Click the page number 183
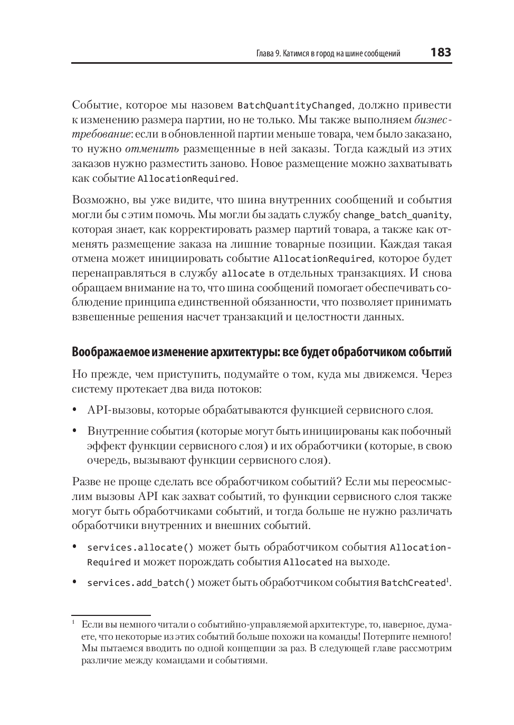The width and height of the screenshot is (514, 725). coord(441,52)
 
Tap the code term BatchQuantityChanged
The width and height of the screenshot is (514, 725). coord(294,105)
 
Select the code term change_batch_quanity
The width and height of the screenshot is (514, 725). coord(396,215)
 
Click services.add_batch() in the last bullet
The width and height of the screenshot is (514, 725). coord(141,583)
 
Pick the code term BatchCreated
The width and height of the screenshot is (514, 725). coord(413,583)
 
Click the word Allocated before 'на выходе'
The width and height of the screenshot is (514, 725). coord(308,562)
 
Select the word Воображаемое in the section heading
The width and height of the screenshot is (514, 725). coord(106,351)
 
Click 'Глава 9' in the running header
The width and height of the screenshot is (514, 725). coord(268,54)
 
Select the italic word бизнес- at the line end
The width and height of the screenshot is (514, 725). coord(433,120)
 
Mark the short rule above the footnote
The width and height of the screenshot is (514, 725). coord(111,614)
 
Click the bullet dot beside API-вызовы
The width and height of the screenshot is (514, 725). coord(75,410)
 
